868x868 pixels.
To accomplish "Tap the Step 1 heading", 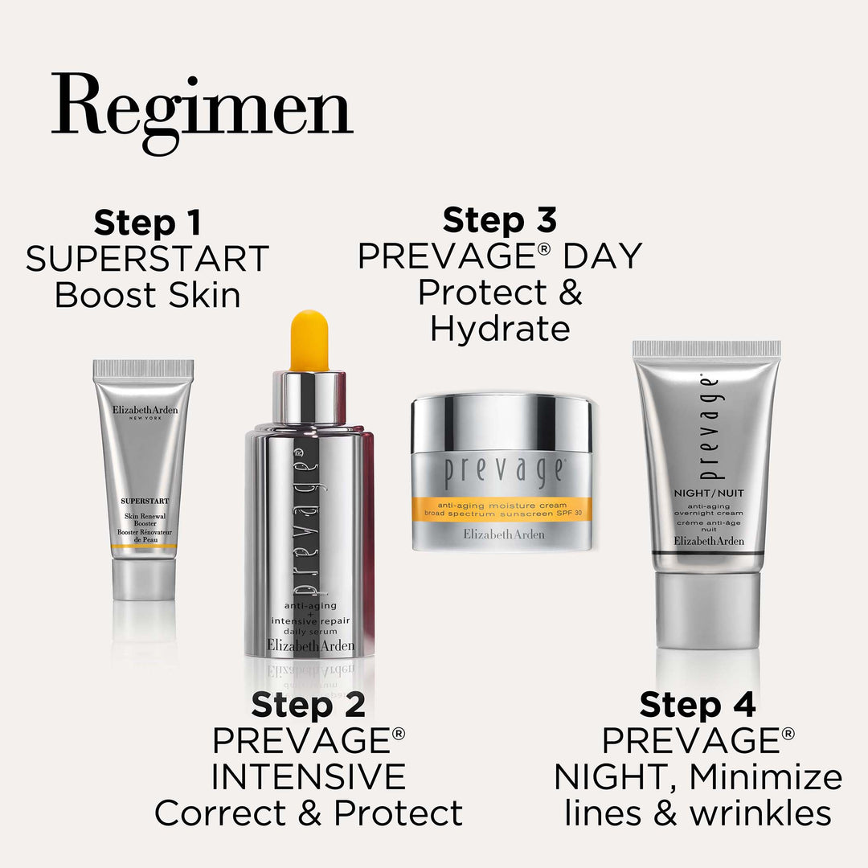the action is pyautogui.click(x=148, y=223).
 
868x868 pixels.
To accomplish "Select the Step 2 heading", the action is pyautogui.click(x=309, y=705).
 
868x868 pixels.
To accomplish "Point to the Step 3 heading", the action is pyautogui.click(x=499, y=219).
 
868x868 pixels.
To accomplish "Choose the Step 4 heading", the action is pyautogui.click(x=698, y=705).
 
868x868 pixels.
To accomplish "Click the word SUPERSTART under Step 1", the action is pyautogui.click(x=147, y=259).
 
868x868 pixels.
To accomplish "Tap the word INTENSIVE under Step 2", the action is pyautogui.click(x=309, y=776).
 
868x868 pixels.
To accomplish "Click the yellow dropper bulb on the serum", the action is pyautogui.click(x=309, y=340).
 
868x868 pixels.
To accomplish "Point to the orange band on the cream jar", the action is pyautogui.click(x=502, y=510).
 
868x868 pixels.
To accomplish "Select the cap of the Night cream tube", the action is pyautogui.click(x=707, y=610).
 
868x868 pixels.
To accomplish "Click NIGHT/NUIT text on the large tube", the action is pyautogui.click(x=709, y=493).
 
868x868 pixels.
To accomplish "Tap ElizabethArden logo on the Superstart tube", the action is pyautogui.click(x=145, y=410).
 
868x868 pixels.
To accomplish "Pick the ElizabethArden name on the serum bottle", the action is pyautogui.click(x=310, y=645).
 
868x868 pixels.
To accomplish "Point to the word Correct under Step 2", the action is pyautogui.click(x=220, y=813).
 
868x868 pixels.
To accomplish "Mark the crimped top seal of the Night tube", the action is pyautogui.click(x=706, y=349).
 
